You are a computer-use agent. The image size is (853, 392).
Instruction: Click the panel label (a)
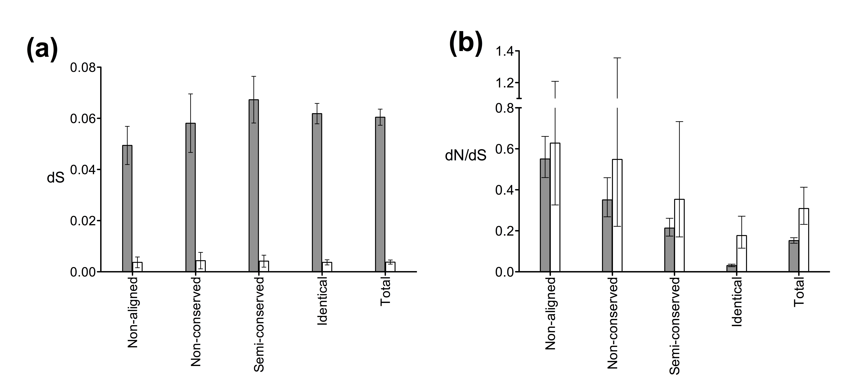point(42,50)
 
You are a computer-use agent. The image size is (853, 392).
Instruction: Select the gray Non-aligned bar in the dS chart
point(127,208)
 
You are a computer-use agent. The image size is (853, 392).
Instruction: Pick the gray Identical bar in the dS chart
point(317,193)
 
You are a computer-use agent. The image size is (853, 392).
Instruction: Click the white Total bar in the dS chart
point(390,267)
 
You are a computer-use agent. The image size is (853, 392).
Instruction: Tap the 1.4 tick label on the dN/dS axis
point(504,51)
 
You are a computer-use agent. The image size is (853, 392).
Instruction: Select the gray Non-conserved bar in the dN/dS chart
point(607,236)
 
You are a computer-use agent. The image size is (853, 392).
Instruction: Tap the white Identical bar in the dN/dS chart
point(741,253)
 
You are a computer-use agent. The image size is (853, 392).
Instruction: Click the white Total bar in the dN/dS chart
point(804,240)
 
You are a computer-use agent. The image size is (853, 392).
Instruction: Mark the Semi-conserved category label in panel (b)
point(674,326)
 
